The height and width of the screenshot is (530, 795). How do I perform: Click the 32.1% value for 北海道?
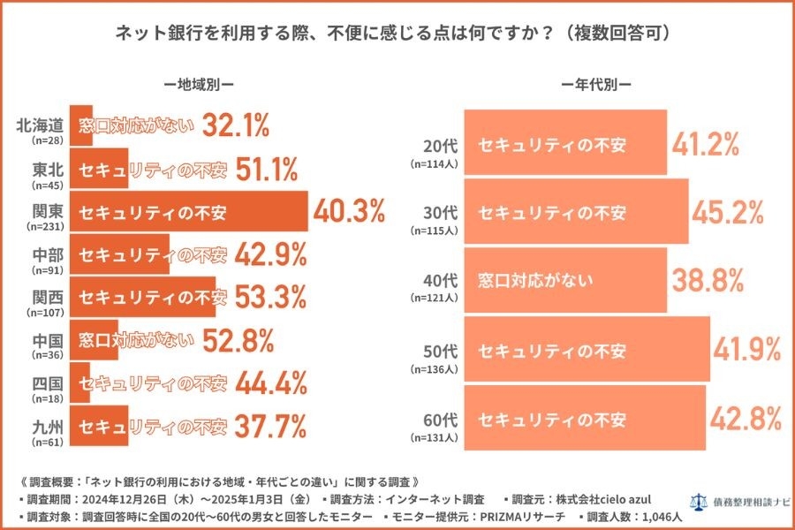click(236, 127)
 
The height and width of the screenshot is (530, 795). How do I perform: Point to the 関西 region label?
click(46, 293)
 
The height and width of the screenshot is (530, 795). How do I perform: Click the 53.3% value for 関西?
click(269, 299)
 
